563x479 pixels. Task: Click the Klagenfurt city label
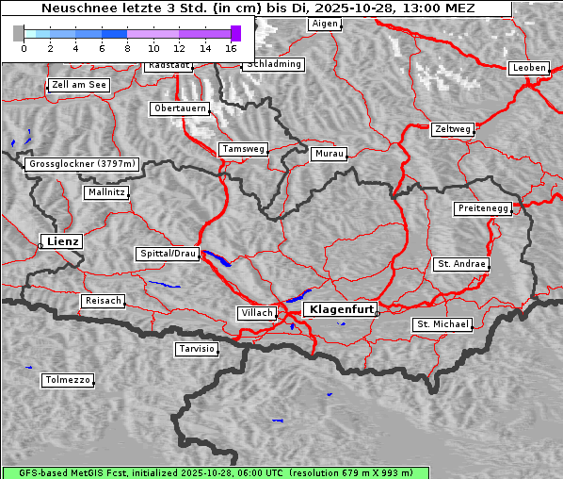343,308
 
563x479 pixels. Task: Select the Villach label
256,312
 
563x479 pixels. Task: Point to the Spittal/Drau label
168,254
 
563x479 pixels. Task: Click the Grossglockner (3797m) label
83,164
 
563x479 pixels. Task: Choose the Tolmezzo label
68,381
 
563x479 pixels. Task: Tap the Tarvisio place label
197,349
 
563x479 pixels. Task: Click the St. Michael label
442,324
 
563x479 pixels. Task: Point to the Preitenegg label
483,208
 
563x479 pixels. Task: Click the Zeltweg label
452,128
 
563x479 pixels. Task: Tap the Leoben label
528,68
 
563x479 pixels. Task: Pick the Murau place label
330,153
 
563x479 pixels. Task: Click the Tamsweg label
244,149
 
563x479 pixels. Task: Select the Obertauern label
179,109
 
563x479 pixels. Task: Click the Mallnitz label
105,192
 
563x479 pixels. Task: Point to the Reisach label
103,301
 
